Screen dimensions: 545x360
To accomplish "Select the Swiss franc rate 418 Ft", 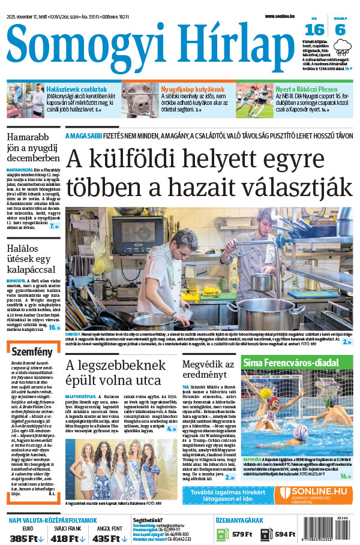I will (x=67, y=538).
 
